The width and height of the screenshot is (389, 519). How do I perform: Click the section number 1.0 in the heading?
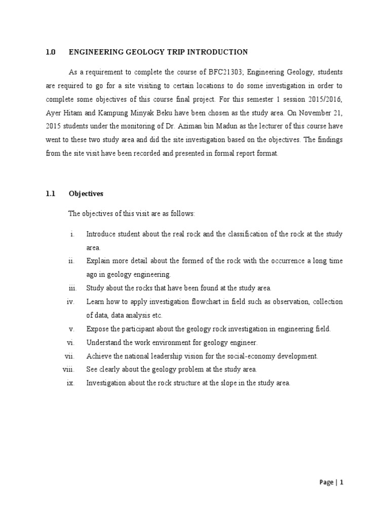coord(50,52)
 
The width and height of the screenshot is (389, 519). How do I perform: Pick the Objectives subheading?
coord(86,194)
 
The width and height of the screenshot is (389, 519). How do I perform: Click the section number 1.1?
coord(50,194)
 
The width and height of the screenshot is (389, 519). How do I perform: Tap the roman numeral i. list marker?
coord(73,234)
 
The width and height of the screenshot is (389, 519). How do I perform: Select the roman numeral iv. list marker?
coord(71,302)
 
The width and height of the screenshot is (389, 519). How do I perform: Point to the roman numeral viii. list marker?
coord(69,369)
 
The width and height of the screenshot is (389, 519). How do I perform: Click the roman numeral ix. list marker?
coord(71,383)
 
